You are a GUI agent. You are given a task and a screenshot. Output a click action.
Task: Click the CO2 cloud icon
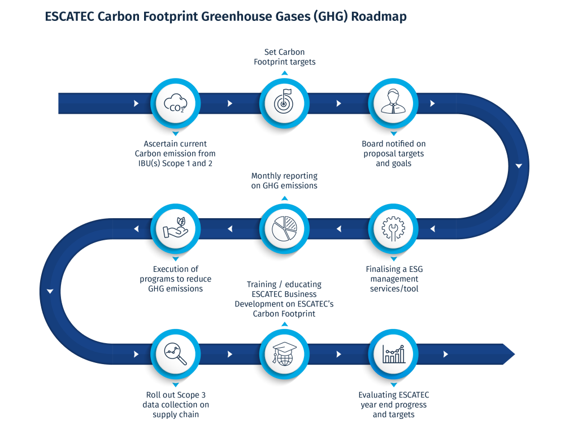pos(175,104)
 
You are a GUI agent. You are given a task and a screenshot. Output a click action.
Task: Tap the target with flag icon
pos(284,104)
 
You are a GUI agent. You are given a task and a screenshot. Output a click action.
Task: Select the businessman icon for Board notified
pos(394,104)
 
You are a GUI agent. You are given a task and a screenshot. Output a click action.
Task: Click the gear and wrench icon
pos(394,229)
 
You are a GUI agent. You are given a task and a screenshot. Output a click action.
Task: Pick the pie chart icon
pos(284,229)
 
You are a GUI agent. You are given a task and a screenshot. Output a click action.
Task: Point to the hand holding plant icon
pos(175,229)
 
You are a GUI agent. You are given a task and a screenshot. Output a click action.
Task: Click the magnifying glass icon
pos(175,354)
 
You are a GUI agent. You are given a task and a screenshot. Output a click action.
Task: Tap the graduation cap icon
pos(284,354)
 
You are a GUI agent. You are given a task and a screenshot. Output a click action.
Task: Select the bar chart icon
pos(394,354)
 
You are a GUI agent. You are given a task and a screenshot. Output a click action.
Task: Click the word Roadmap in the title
pos(379,17)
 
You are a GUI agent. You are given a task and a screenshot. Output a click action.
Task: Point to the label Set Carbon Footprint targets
pos(284,57)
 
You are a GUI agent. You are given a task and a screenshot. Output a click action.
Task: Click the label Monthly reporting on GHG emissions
pos(284,181)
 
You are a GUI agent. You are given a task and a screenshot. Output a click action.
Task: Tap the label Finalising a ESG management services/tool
pos(394,279)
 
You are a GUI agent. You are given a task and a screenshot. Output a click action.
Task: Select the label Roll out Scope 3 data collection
pos(175,404)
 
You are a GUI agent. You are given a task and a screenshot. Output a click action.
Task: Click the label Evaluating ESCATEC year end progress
pos(394,404)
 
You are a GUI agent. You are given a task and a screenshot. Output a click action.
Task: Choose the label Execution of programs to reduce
pos(175,279)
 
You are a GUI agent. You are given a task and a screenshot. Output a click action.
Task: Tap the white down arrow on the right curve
pos(519,166)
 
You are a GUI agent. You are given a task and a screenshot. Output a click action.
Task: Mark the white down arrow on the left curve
pos(50,292)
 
